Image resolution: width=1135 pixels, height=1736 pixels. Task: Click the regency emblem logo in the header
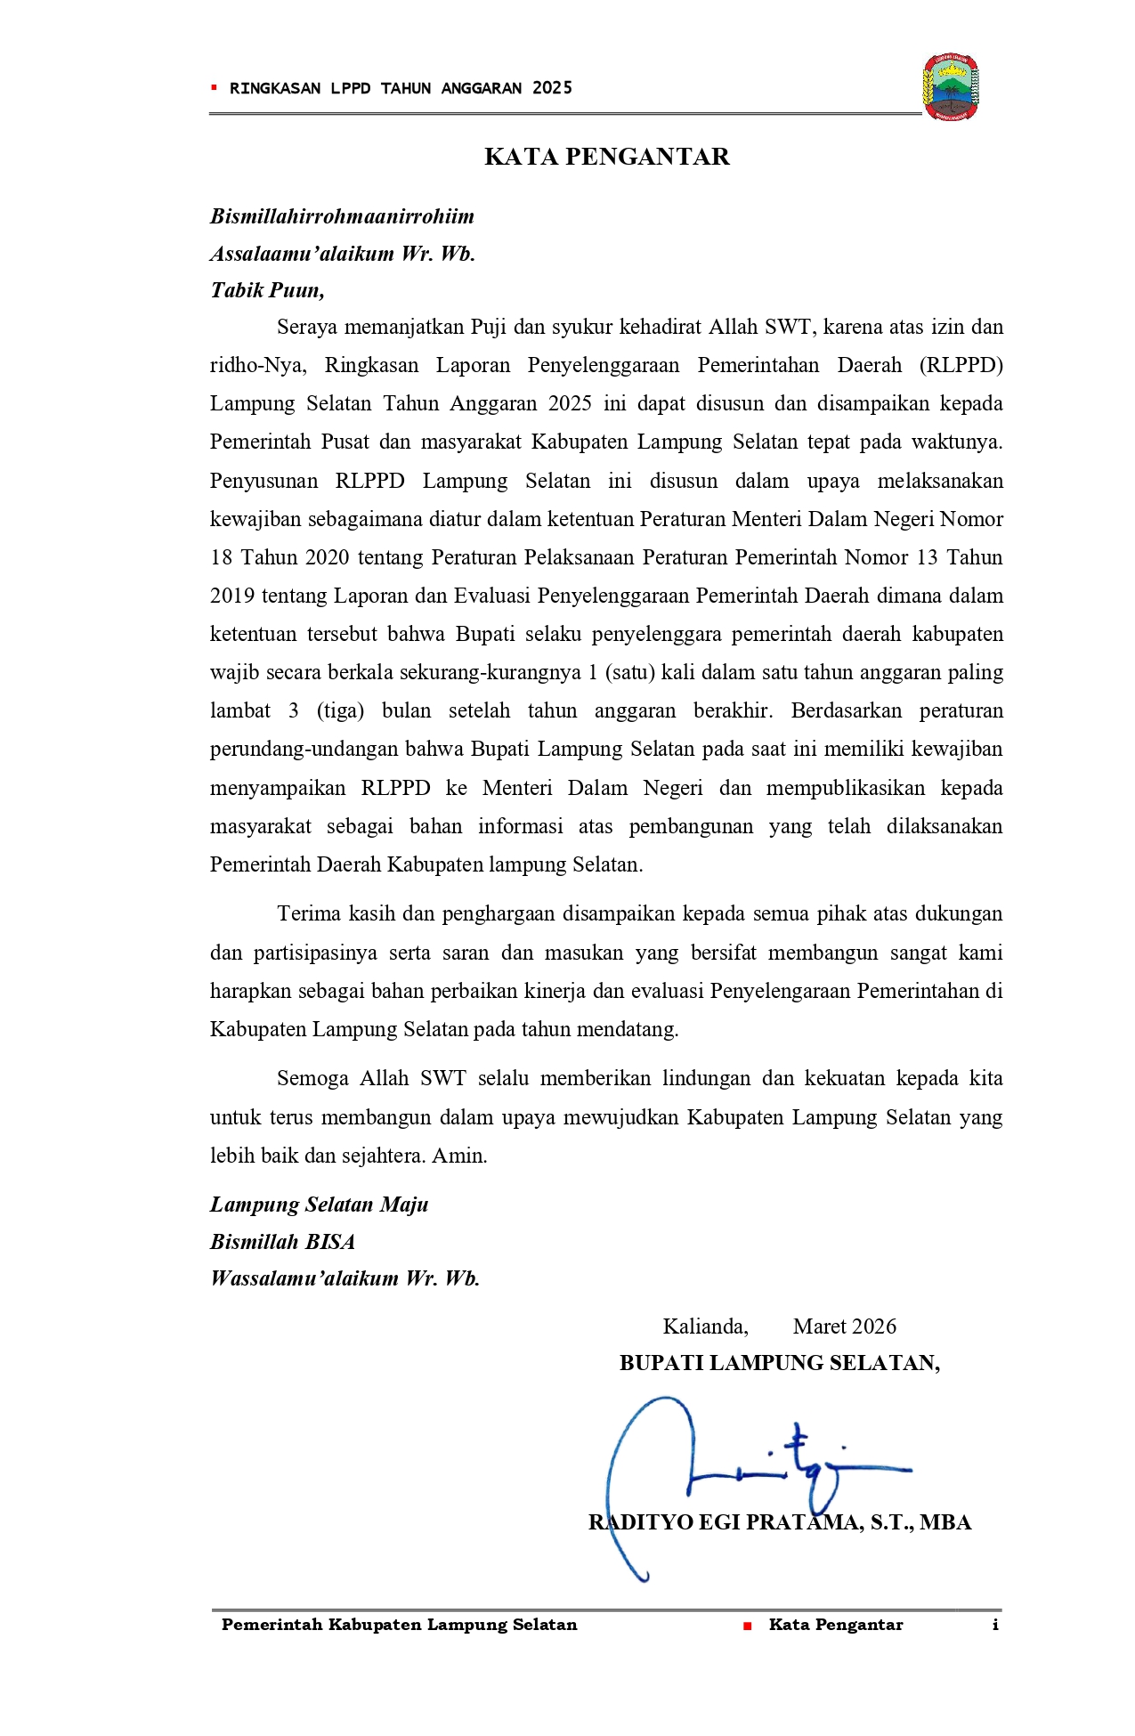[951, 87]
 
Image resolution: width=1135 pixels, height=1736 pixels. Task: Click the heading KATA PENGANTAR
[606, 157]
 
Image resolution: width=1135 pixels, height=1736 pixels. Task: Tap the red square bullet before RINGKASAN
[214, 87]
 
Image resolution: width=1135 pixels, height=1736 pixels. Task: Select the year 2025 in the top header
[552, 88]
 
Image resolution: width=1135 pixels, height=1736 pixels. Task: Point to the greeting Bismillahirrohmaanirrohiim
[342, 216]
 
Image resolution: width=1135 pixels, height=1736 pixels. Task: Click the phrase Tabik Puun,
[267, 290]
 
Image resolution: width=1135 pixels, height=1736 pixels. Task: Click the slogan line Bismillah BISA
[282, 1242]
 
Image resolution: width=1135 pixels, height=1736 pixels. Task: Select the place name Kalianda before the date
[705, 1326]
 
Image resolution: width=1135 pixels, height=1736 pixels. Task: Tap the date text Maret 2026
[844, 1326]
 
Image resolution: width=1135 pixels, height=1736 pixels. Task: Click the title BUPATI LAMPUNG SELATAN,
[780, 1363]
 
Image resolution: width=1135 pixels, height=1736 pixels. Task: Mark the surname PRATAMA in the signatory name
[804, 1522]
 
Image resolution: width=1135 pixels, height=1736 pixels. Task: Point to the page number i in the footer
[995, 1625]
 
